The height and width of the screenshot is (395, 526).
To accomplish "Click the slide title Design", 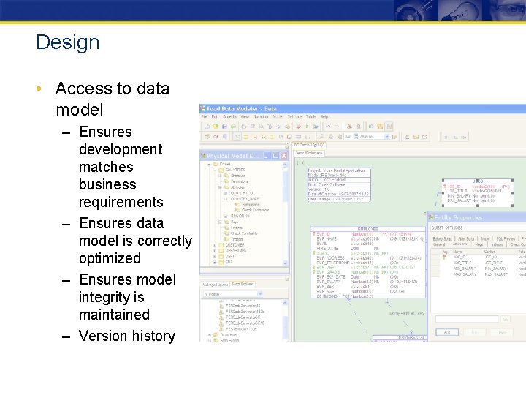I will click(x=67, y=42).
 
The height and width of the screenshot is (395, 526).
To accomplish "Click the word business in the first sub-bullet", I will click(x=107, y=184).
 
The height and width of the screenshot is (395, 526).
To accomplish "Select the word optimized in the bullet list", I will click(x=110, y=258).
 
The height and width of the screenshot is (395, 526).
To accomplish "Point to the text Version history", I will click(x=126, y=336).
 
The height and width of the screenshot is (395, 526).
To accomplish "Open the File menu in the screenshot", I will click(x=205, y=116).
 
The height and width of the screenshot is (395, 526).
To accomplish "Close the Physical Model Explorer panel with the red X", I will click(x=283, y=156).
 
